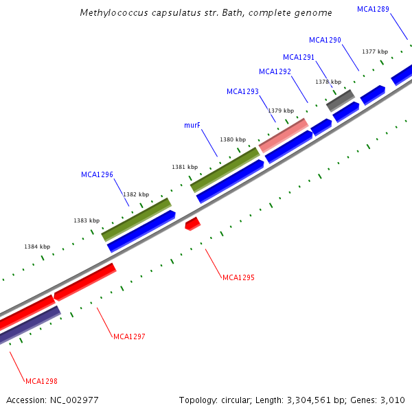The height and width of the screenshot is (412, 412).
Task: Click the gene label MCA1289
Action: click(x=373, y=9)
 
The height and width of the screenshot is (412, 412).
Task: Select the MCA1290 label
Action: click(x=325, y=40)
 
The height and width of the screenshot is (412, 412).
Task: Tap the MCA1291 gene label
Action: click(x=299, y=57)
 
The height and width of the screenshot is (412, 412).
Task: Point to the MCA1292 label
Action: click(x=275, y=71)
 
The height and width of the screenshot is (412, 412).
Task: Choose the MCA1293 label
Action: click(x=242, y=91)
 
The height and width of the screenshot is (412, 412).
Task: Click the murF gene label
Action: click(x=192, y=126)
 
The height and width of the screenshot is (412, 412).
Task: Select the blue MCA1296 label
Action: click(x=97, y=174)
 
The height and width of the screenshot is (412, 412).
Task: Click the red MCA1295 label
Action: click(x=238, y=277)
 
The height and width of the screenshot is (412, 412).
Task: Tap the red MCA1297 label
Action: click(x=129, y=336)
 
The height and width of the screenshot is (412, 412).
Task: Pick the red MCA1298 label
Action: click(x=41, y=380)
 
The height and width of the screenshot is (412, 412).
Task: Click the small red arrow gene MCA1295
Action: click(x=192, y=224)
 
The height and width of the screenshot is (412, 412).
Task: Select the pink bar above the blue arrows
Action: click(x=283, y=135)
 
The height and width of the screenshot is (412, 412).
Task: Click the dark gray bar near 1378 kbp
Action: click(x=339, y=100)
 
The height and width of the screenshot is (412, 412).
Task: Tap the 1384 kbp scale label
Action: click(x=37, y=247)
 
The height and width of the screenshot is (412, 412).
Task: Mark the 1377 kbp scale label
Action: click(x=375, y=51)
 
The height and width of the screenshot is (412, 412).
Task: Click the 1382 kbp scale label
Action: click(x=135, y=194)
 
